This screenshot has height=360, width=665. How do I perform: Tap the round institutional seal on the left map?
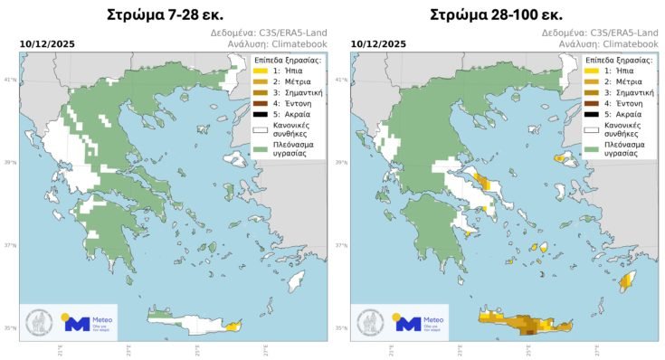pos(37,322)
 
